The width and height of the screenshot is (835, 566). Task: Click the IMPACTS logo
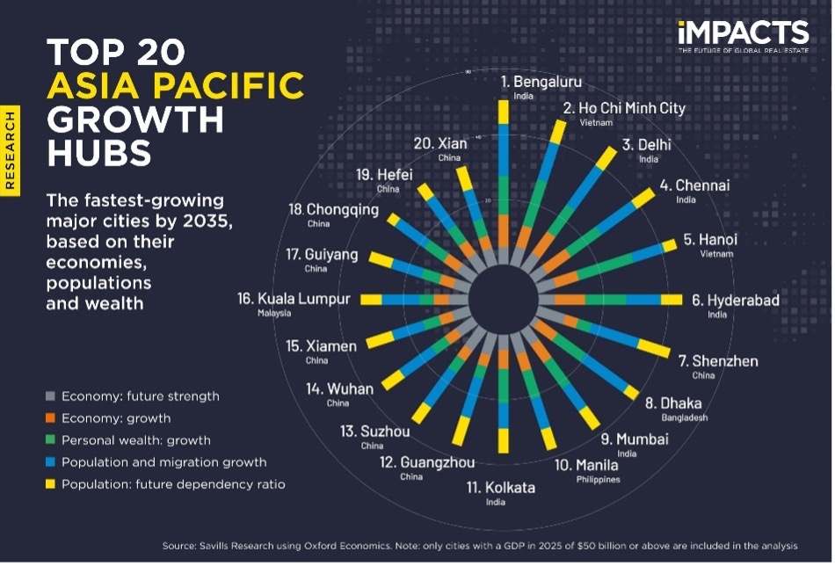[x=743, y=35]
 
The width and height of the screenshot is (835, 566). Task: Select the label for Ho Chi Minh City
[x=624, y=109]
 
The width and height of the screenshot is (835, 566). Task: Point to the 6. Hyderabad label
[x=736, y=301]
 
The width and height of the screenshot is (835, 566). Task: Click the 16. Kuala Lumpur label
[x=294, y=299]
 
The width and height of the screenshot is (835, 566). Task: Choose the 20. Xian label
[x=440, y=143]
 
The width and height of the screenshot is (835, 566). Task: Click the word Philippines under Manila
[x=598, y=480]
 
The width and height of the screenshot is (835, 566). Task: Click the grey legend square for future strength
[x=51, y=396]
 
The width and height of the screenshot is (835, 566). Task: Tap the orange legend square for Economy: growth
[x=51, y=418]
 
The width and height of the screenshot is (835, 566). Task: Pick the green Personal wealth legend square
[x=51, y=440]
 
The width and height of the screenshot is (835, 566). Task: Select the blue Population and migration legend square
[x=51, y=462]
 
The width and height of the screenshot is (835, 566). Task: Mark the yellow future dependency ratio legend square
[x=51, y=484]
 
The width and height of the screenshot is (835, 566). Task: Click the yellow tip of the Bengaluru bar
[x=503, y=112]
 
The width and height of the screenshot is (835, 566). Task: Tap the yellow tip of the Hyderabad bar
[x=671, y=301]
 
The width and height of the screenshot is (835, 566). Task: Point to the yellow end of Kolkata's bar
[x=504, y=439]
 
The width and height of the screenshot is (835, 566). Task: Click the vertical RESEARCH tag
[x=11, y=149]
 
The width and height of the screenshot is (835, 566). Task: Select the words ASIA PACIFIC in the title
[x=176, y=86]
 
